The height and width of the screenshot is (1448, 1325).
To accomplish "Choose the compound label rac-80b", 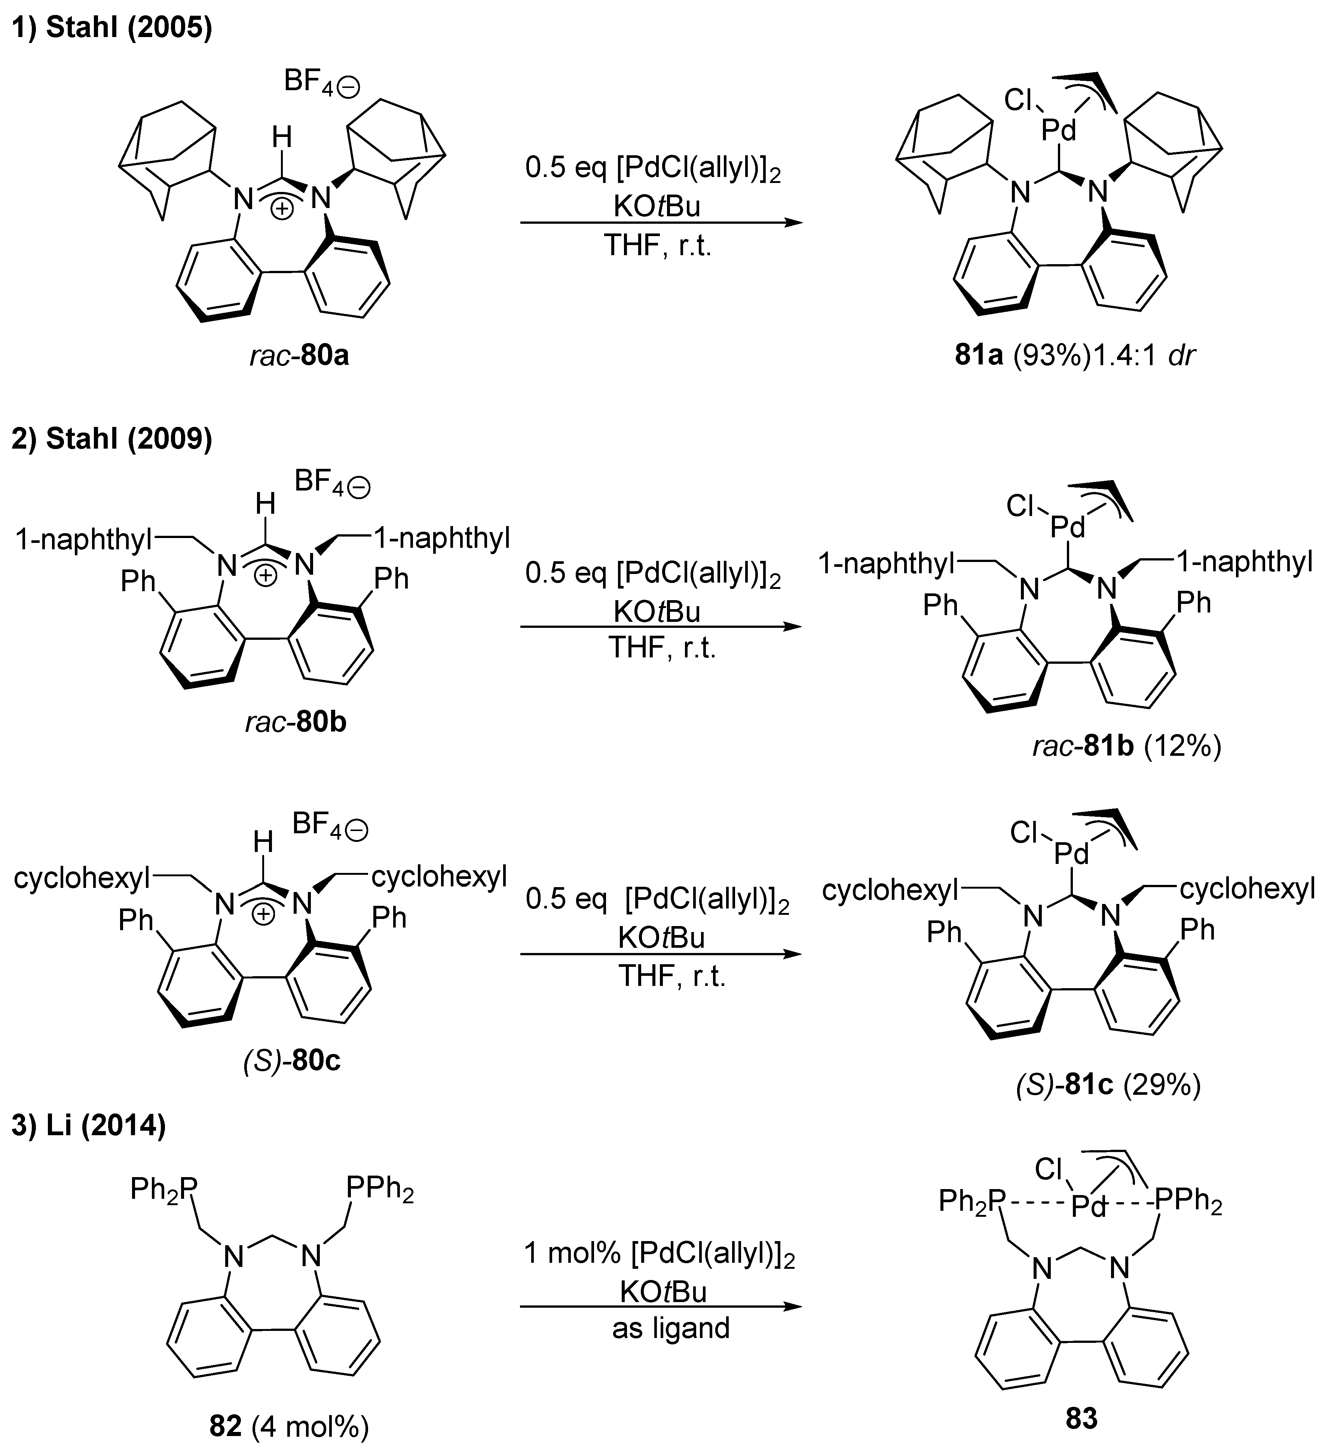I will tap(295, 722).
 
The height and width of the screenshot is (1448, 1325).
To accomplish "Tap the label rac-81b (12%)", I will tap(1126, 747).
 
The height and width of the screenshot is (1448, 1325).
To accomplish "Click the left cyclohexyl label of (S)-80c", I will tap(82, 878).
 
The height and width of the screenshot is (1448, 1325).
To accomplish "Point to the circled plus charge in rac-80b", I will tap(266, 576).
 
